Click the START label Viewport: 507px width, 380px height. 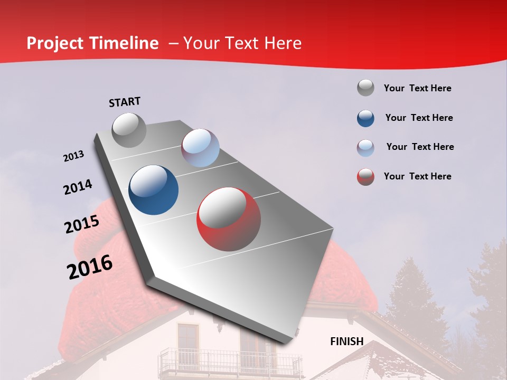click(125, 102)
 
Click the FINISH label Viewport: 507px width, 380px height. click(346, 341)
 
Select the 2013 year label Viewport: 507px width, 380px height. click(74, 156)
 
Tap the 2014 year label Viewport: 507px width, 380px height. click(78, 187)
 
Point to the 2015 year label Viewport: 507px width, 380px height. click(82, 224)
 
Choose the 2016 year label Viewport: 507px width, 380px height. click(90, 267)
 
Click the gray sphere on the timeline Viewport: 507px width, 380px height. click(129, 130)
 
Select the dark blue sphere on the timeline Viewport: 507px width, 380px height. click(154, 190)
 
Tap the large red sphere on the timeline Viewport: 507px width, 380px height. click(229, 219)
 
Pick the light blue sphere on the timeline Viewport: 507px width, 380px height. click(200, 148)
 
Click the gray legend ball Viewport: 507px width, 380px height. click(365, 88)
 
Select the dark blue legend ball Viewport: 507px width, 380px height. click(365, 118)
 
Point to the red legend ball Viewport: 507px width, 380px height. click(365, 177)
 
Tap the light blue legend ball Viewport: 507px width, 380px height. click(365, 147)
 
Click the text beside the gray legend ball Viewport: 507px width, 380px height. click(417, 88)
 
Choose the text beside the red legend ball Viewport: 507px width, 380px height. click(417, 176)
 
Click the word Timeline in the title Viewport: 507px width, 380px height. click(124, 43)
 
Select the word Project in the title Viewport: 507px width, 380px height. click(55, 43)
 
